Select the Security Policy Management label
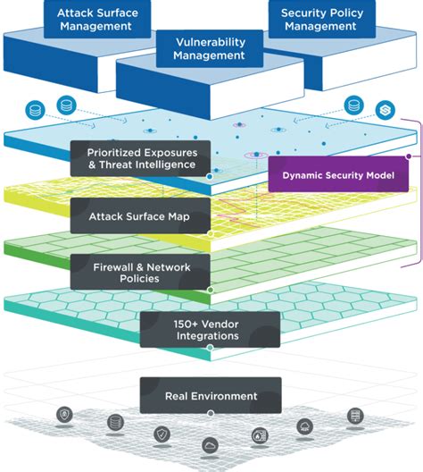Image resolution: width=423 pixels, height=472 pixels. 319,19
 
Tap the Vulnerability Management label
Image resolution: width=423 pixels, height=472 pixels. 209,48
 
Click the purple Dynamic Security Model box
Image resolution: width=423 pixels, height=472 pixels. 338,174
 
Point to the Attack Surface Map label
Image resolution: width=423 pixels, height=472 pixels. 138,215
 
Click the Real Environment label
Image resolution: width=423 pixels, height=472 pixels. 211,395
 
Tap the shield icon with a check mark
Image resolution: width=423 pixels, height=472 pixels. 162,434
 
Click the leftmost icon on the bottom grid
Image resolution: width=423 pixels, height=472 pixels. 66,415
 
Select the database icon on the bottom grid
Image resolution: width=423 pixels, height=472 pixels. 113,422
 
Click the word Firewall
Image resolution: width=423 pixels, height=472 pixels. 117,265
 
